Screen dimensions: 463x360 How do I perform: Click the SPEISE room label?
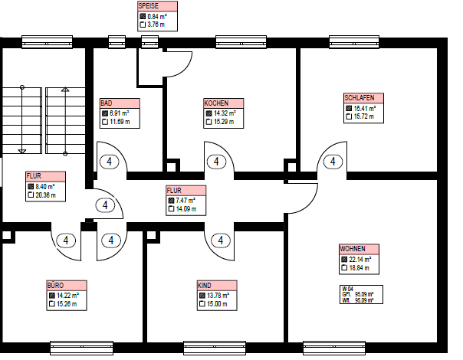click(149, 6)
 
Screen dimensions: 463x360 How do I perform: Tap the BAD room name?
click(107, 103)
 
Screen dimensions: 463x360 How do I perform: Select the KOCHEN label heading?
click(216, 103)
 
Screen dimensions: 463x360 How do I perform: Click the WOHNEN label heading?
click(353, 249)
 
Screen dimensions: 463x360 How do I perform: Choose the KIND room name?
click(205, 286)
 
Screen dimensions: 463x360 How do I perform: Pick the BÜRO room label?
click(55, 286)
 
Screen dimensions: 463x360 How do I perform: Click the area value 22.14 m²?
click(360, 260)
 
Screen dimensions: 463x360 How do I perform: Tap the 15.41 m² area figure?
click(365, 109)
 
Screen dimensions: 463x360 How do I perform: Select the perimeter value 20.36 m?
click(45, 195)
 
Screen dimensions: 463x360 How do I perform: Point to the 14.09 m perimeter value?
click(186, 209)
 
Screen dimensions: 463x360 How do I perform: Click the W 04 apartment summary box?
click(361, 294)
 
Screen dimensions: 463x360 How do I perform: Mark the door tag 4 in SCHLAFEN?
click(333, 162)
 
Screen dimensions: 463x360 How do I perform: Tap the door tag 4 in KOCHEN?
click(216, 162)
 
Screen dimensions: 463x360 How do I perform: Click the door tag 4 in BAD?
click(110, 162)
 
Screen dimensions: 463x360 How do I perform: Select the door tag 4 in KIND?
click(221, 241)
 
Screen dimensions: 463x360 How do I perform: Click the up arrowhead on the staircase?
click(65, 90)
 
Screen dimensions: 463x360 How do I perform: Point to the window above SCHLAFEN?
click(354, 42)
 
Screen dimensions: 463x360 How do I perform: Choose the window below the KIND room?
click(215, 348)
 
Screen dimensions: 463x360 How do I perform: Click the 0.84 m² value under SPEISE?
click(157, 17)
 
